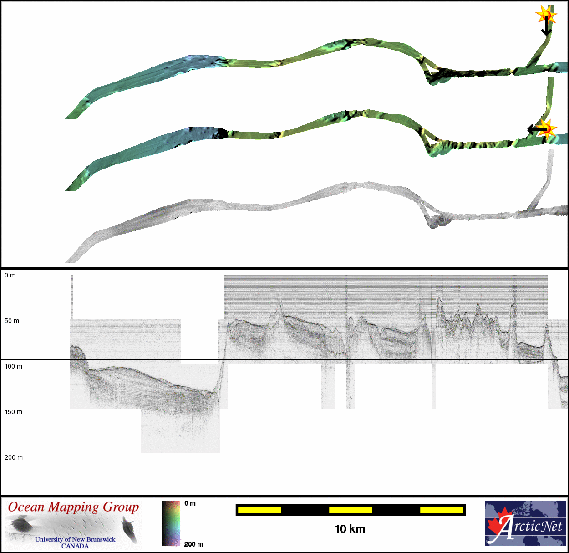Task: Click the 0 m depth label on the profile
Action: [10, 275]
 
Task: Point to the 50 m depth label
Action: [12, 321]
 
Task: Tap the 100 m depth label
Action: [13, 366]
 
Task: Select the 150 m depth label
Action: [13, 412]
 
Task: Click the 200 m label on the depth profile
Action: [14, 458]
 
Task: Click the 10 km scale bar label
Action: [350, 529]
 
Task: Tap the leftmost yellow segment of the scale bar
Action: [259, 510]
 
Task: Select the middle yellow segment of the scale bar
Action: [351, 510]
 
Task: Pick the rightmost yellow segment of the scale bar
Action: [442, 510]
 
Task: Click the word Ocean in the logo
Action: [26, 507]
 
